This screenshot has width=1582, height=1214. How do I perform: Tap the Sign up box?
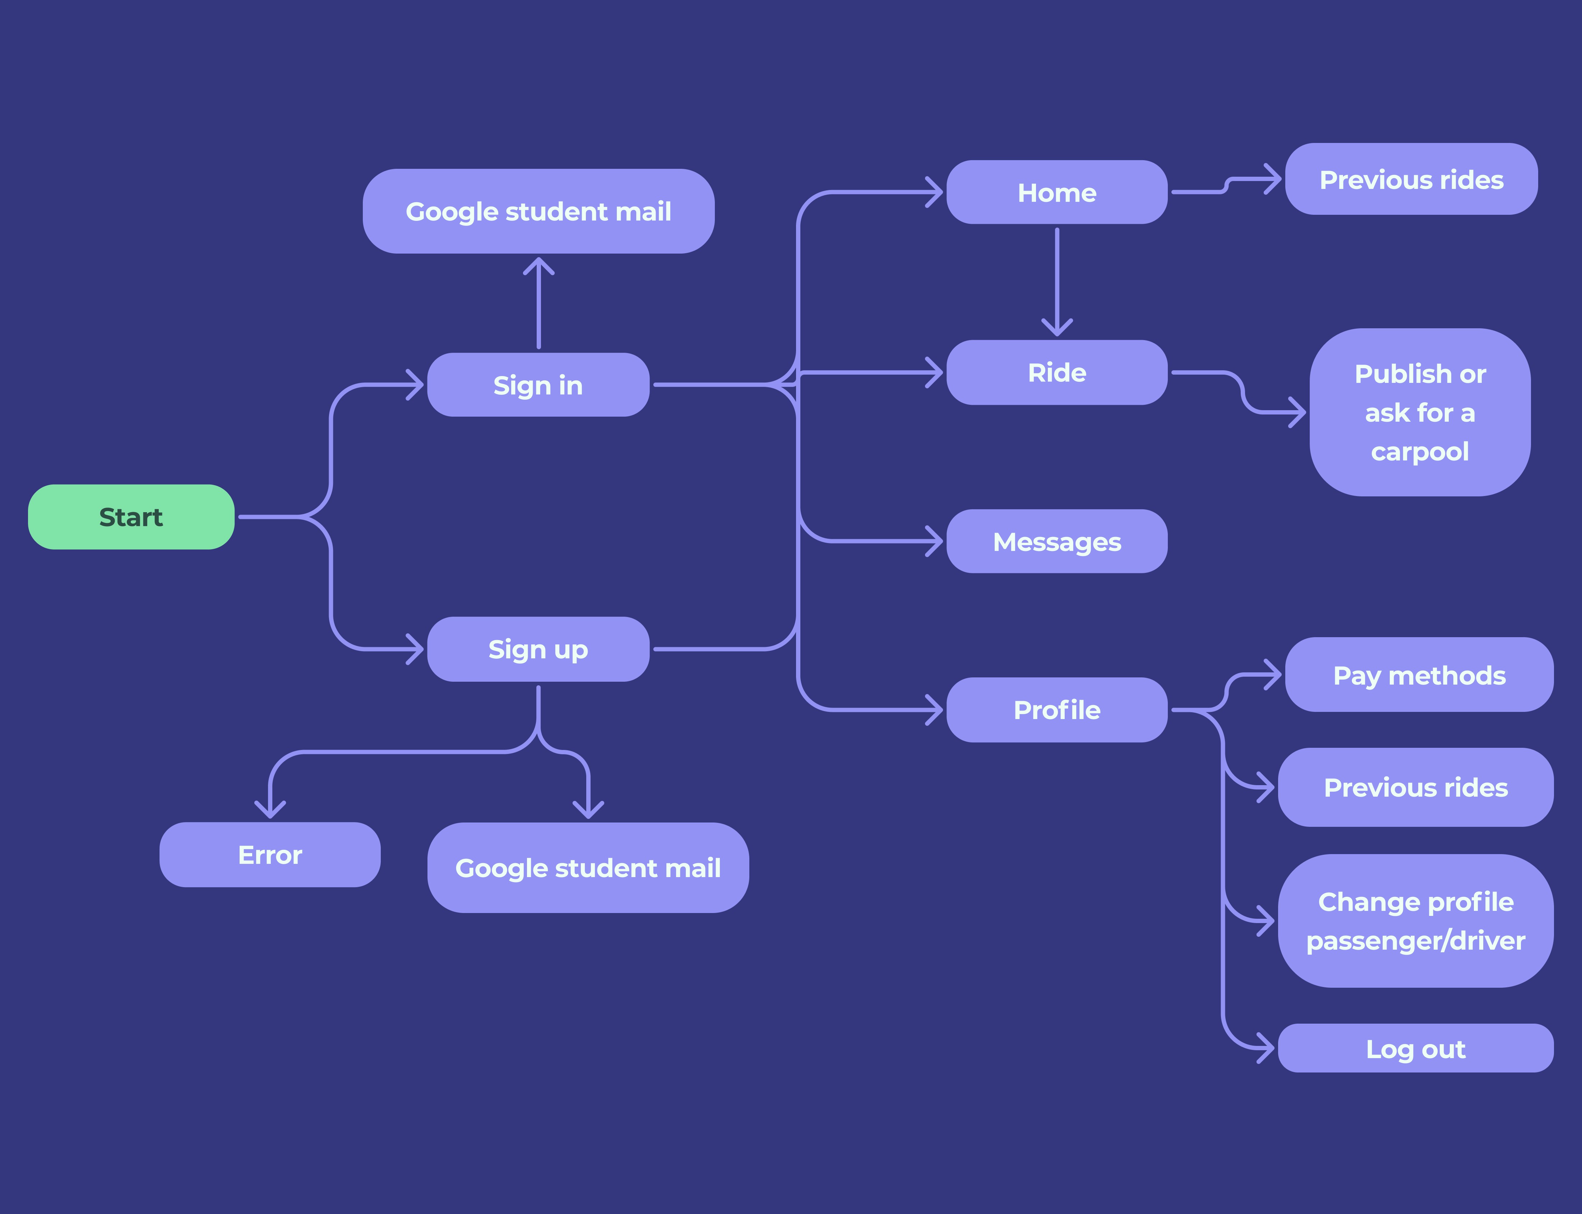click(x=538, y=649)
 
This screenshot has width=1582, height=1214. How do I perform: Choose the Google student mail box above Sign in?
click(x=538, y=211)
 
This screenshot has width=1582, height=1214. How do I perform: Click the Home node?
click(x=1056, y=192)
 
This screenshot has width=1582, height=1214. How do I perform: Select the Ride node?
click(x=1056, y=372)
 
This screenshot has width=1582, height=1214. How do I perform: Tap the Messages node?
click(x=1056, y=541)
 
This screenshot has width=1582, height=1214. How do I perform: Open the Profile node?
click(x=1056, y=710)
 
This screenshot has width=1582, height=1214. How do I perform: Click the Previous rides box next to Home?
click(x=1411, y=179)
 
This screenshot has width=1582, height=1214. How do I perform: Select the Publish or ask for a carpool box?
click(x=1419, y=412)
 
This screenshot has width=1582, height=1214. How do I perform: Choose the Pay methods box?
click(x=1419, y=675)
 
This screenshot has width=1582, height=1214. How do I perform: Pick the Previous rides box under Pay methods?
click(x=1415, y=787)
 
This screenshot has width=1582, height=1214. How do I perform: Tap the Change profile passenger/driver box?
click(x=1415, y=921)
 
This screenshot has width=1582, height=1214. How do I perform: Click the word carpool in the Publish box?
click(x=1419, y=451)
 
